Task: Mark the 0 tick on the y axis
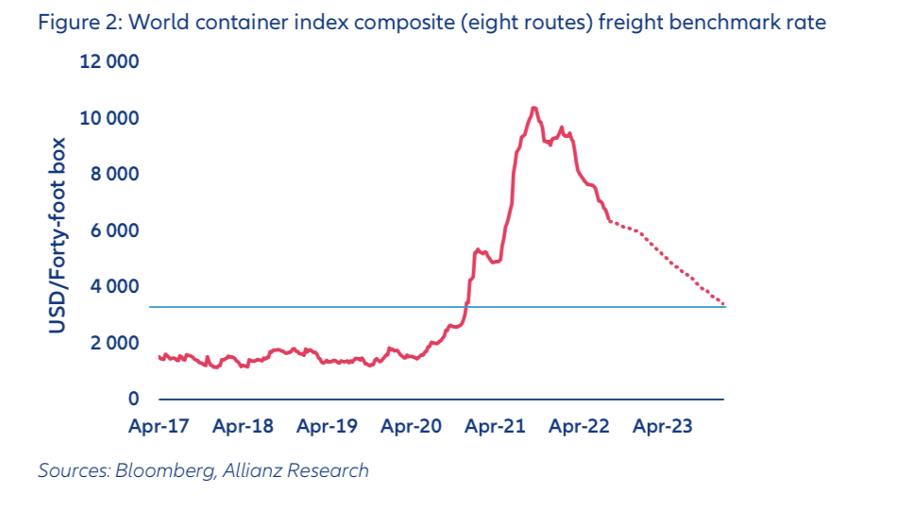tap(133, 399)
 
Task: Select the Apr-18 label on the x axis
tap(243, 426)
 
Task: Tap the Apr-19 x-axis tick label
tap(327, 426)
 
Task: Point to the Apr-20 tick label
tap(411, 426)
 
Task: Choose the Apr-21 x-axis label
tap(495, 426)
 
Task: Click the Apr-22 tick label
tap(579, 426)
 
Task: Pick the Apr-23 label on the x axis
tap(663, 426)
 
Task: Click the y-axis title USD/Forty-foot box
tap(59, 234)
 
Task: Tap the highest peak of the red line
tap(534, 108)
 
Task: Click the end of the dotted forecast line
tap(723, 304)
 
